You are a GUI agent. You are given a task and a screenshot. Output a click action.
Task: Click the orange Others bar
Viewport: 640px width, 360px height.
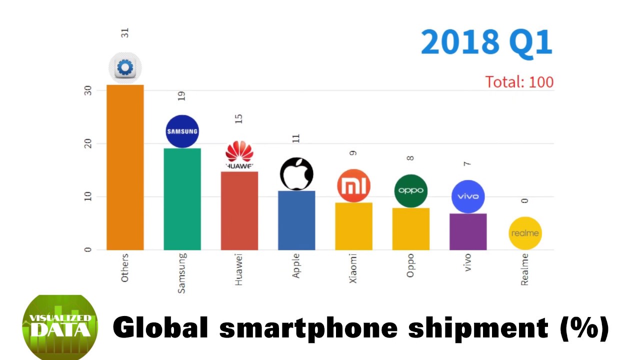[125, 167]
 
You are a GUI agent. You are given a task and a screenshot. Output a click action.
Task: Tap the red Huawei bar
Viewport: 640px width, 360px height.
[239, 210]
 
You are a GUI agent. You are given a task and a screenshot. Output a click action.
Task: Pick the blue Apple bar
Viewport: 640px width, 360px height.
[296, 220]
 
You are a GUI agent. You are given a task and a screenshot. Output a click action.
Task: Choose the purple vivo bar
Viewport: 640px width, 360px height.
[467, 231]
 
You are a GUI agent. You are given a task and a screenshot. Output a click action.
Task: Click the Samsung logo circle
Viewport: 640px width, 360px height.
[182, 131]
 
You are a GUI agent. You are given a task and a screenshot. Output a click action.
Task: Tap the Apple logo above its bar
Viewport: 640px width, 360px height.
[296, 174]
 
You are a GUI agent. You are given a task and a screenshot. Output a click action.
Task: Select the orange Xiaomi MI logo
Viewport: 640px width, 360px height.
[353, 186]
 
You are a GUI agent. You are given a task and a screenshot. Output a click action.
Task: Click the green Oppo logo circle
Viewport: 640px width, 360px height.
[410, 190]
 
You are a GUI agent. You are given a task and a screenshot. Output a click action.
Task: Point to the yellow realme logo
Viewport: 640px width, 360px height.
[525, 233]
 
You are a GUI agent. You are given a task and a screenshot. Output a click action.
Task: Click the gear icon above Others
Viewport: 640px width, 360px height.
[125, 67]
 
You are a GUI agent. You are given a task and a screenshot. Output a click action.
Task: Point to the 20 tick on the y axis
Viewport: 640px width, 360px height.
[88, 143]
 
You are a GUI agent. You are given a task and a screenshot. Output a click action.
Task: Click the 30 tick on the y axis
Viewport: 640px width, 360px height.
[88, 90]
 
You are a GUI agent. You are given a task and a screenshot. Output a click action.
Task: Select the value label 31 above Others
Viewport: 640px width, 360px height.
[125, 32]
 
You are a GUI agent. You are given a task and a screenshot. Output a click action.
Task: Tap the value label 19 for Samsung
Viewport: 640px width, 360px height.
[181, 96]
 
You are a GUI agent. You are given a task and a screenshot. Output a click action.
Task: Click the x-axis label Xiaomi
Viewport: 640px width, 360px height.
[353, 268]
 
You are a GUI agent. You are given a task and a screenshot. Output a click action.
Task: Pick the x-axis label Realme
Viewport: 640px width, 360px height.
[524, 269]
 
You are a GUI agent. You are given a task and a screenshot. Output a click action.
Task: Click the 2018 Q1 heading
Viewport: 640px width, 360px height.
[486, 42]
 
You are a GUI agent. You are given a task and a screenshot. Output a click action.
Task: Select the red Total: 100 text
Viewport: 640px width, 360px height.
[519, 82]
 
